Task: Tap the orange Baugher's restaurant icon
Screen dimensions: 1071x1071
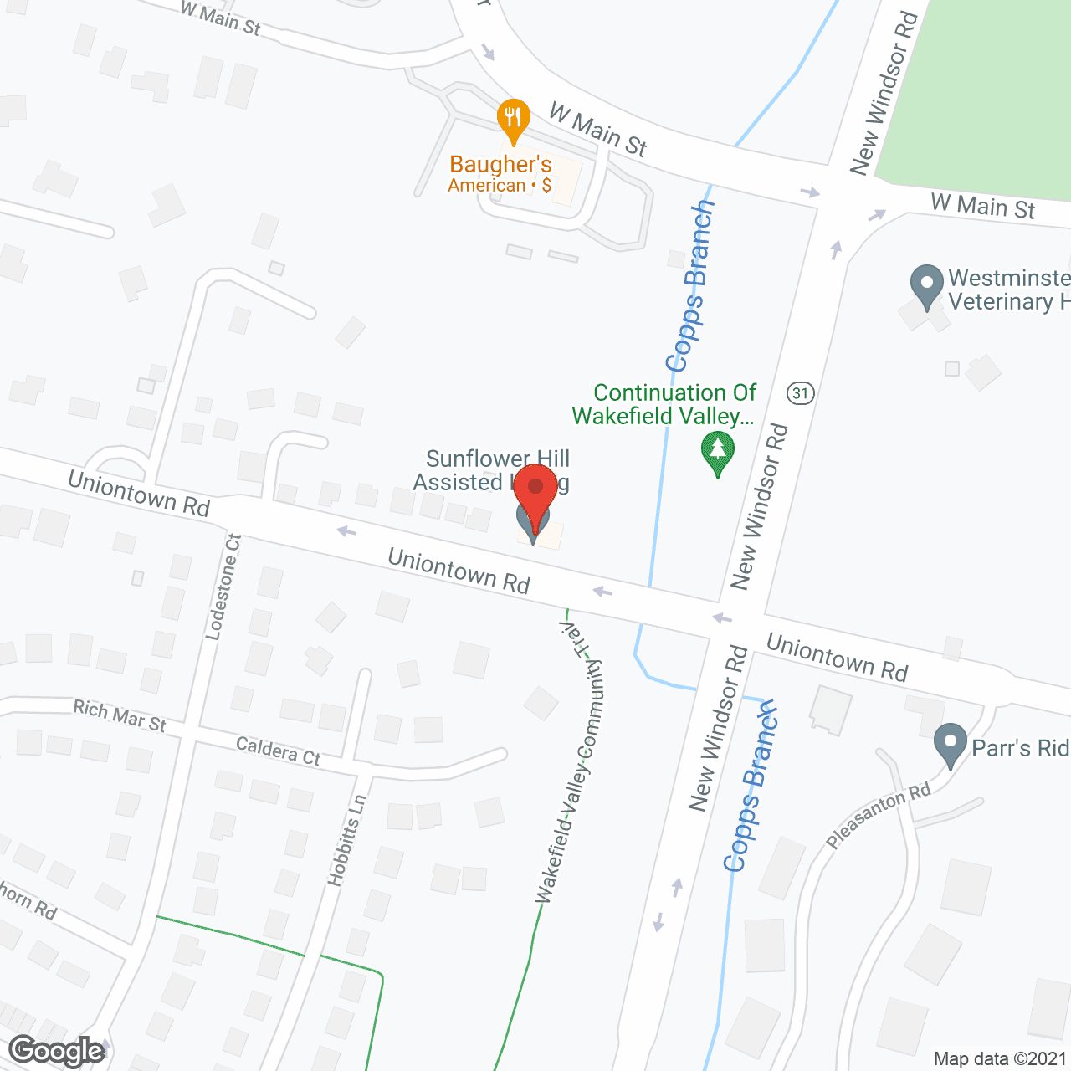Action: [x=513, y=120]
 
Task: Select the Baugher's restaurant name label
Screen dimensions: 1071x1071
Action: [x=500, y=164]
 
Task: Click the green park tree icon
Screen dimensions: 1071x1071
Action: [x=717, y=452]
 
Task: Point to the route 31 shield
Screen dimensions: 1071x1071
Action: [x=801, y=392]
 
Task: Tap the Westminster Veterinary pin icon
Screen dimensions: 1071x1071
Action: [x=926, y=284]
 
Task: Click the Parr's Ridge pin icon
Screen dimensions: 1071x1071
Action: [x=950, y=745]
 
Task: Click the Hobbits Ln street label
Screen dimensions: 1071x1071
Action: [x=347, y=840]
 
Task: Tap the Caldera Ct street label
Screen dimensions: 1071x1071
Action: [x=278, y=751]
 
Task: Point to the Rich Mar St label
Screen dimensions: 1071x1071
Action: [x=120, y=715]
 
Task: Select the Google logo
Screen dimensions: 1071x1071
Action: [x=57, y=1051]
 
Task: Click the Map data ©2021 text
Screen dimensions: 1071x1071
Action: [x=1000, y=1058]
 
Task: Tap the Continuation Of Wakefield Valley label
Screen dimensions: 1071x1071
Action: [x=665, y=404]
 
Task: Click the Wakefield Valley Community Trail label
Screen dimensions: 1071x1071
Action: [x=571, y=761]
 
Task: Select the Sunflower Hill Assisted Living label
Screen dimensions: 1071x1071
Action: [x=494, y=470]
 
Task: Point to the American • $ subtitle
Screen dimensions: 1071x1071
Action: [x=500, y=186]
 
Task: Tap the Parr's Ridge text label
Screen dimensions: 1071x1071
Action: [x=1020, y=747]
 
